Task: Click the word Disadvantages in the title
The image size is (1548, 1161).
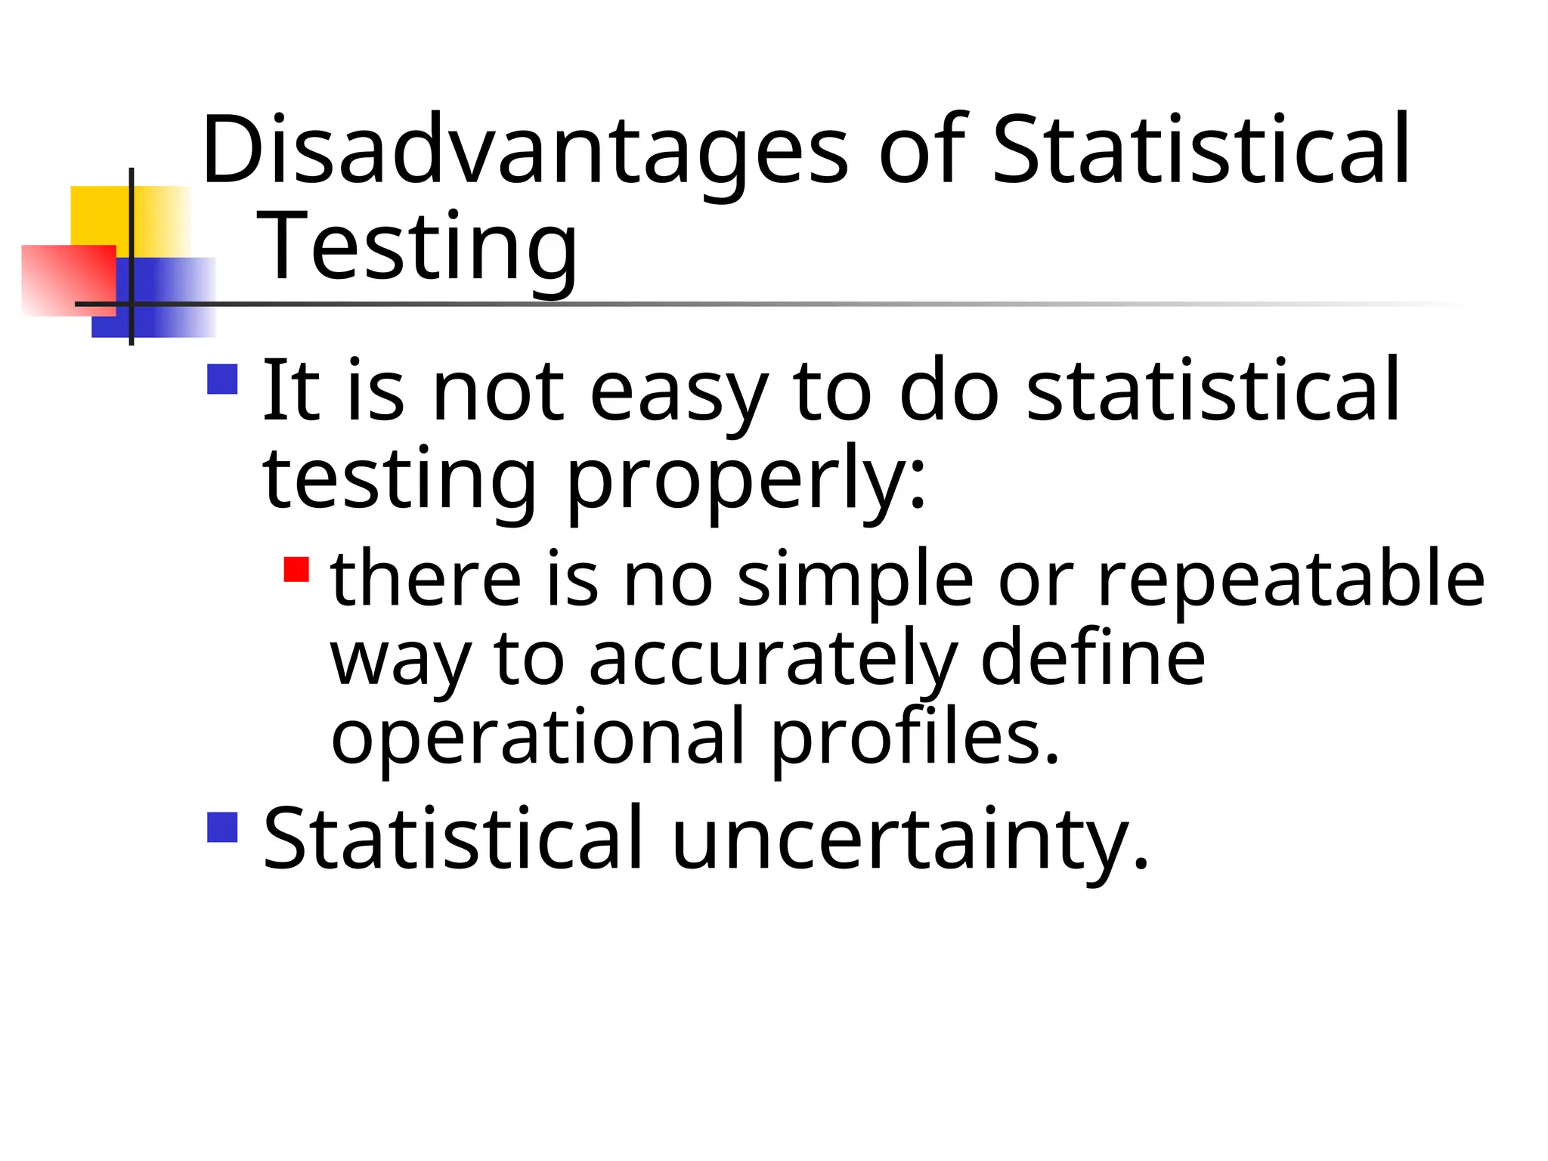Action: pyautogui.click(x=525, y=150)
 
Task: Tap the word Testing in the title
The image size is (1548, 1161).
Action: pyautogui.click(x=417, y=246)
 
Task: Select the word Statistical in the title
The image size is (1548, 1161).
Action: pyautogui.click(x=1200, y=150)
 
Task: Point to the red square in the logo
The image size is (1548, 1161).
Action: pyautogui.click(x=68, y=280)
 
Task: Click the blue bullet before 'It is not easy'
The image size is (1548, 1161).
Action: pyautogui.click(x=222, y=379)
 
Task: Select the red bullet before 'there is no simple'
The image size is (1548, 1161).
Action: pyautogui.click(x=296, y=569)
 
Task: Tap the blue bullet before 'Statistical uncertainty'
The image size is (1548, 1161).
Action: pyautogui.click(x=222, y=827)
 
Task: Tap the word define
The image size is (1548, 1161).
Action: pyautogui.click(x=1092, y=658)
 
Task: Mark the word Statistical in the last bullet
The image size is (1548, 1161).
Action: pyautogui.click(x=453, y=839)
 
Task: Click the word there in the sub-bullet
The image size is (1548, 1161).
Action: pyautogui.click(x=426, y=579)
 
